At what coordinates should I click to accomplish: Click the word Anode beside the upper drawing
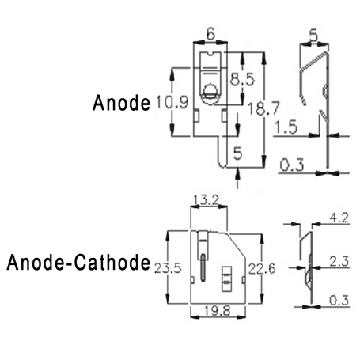[x=121, y=103]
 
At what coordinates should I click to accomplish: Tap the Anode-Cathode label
[x=78, y=262]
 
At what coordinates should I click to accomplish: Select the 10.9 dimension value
[x=172, y=102]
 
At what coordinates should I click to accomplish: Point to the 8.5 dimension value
[x=242, y=79]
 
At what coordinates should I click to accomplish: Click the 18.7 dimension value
[x=263, y=108]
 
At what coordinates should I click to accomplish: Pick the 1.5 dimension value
[x=286, y=127]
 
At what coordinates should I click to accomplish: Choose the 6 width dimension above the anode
[x=210, y=34]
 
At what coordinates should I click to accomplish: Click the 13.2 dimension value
[x=206, y=200]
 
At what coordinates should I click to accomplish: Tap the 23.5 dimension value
[x=168, y=268]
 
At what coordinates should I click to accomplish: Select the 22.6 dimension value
[x=262, y=269]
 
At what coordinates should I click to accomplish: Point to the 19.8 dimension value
[x=218, y=311]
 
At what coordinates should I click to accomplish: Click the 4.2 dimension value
[x=339, y=218]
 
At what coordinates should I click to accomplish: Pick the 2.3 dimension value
[x=339, y=261]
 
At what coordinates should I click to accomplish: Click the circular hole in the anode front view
[x=210, y=90]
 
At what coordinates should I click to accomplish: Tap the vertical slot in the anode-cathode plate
[x=203, y=267]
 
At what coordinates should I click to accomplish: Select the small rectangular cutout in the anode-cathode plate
[x=226, y=279]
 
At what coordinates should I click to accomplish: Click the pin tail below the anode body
[x=222, y=152]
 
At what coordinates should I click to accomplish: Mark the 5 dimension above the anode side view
[x=314, y=35]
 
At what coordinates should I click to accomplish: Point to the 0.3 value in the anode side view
[x=292, y=165]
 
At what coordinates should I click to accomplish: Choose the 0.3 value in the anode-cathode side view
[x=339, y=301]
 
